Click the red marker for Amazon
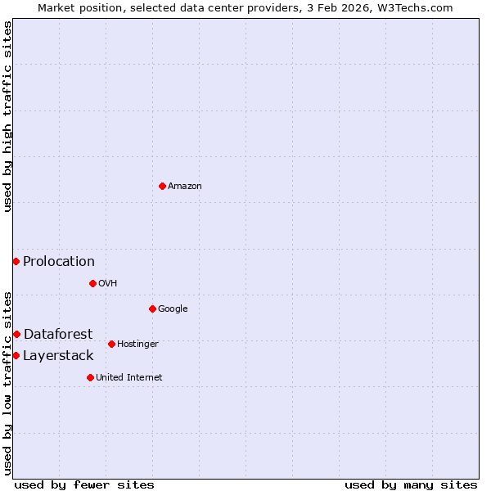point(162,186)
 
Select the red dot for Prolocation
point(16,261)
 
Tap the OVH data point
point(92,283)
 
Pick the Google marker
point(152,309)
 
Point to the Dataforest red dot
point(16,334)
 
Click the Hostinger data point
point(111,344)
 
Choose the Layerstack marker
point(16,355)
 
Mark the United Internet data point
point(90,377)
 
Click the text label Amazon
point(185,187)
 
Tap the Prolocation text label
point(59,262)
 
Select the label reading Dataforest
point(58,334)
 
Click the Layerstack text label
point(58,355)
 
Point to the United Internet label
point(129,377)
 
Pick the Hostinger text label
point(137,345)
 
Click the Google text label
point(173,309)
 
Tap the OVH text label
point(108,284)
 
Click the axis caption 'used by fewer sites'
point(84,484)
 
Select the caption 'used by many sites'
point(411,484)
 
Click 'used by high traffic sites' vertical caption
point(7,116)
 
